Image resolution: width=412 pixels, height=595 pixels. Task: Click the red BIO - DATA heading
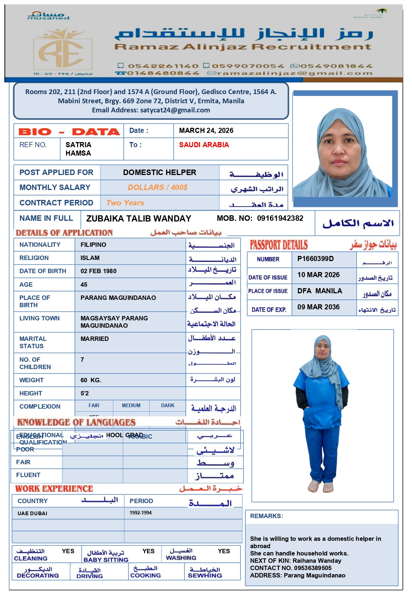69,131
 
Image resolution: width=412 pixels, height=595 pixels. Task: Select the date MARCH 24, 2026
206,131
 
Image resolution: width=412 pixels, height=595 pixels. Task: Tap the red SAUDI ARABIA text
204,145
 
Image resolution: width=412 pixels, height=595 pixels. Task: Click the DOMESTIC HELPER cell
159,172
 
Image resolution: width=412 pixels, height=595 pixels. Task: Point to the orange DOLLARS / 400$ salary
157,187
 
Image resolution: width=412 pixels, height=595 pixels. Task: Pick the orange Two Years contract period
125,203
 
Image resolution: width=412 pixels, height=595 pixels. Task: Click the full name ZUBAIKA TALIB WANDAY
138,219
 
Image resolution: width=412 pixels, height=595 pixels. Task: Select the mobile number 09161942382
280,218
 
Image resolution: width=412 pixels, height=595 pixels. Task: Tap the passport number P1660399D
315,259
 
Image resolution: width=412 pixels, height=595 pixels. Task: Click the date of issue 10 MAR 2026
318,275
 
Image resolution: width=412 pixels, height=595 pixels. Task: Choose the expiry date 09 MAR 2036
318,307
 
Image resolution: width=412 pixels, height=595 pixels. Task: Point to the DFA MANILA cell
319,291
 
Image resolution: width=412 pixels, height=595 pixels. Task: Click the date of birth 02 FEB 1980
98,271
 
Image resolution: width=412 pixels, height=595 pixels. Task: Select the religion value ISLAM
90,258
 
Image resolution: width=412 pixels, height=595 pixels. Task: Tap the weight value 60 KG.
90,380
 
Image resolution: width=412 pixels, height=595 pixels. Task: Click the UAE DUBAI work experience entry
32,513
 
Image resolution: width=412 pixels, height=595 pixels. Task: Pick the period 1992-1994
140,513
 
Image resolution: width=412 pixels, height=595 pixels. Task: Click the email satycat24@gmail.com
175,110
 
